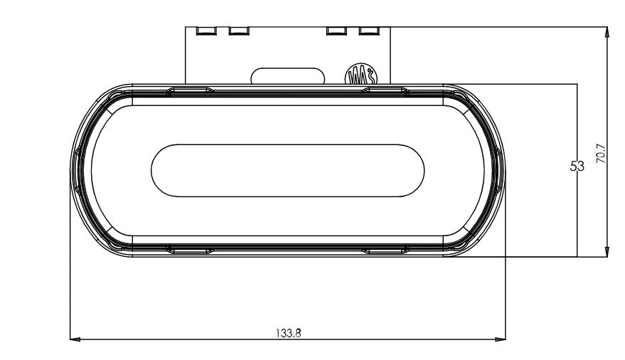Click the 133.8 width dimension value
288,332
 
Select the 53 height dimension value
577,166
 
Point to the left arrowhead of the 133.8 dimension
75,339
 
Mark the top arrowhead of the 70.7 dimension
606,33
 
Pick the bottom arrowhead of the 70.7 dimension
606,250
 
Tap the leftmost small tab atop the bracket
205,31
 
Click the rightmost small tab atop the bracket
367,31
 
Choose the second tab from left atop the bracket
237,31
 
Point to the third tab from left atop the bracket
335,31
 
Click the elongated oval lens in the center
288,171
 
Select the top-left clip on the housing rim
189,90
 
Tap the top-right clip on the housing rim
385,90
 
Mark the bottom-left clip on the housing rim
189,250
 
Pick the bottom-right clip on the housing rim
385,250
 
